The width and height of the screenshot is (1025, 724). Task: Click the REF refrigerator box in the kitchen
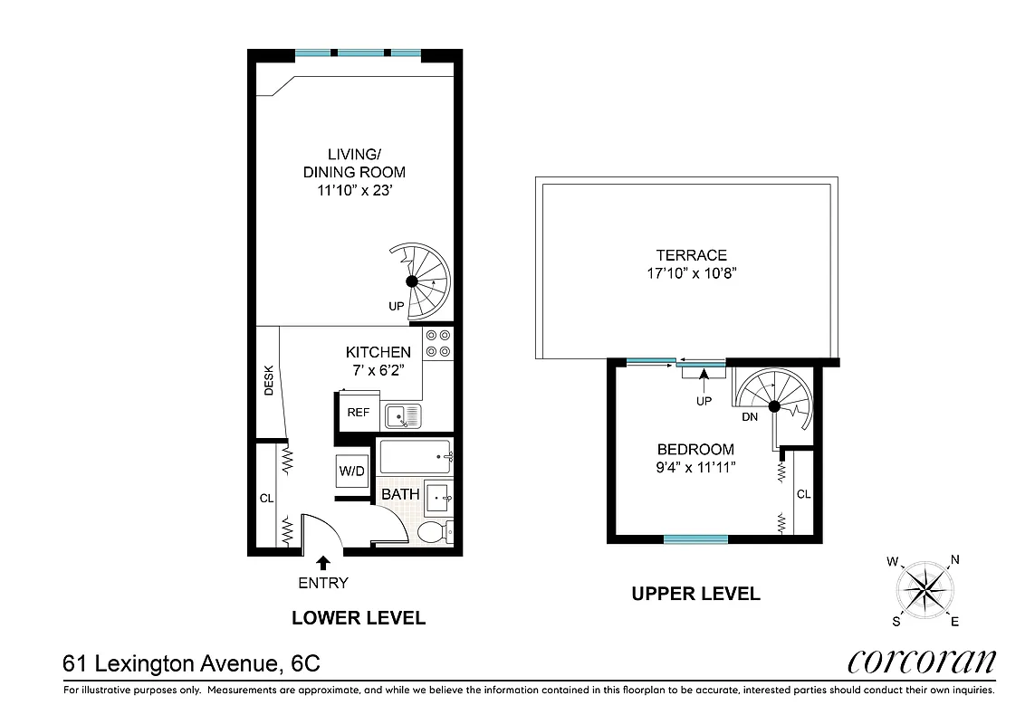pyautogui.click(x=358, y=413)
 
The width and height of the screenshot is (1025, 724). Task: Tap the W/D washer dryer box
pyautogui.click(x=351, y=471)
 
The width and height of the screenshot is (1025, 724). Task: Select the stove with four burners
pyautogui.click(x=438, y=342)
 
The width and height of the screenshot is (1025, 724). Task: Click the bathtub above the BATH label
pyautogui.click(x=415, y=456)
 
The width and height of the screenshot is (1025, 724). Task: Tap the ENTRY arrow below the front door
pyautogui.click(x=322, y=563)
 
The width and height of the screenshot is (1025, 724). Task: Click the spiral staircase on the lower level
pyautogui.click(x=418, y=281)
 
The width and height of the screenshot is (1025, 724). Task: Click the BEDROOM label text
pyautogui.click(x=695, y=449)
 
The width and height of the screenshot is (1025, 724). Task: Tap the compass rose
pyautogui.click(x=924, y=590)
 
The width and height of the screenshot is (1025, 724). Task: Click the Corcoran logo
pyautogui.click(x=922, y=662)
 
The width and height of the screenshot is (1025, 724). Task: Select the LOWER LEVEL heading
pyautogui.click(x=358, y=618)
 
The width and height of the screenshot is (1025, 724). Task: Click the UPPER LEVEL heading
pyautogui.click(x=695, y=594)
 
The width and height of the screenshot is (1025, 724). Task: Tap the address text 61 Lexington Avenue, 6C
pyautogui.click(x=191, y=663)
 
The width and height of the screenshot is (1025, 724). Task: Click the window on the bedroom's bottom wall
pyautogui.click(x=695, y=539)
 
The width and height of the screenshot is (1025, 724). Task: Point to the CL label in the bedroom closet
pyautogui.click(x=803, y=494)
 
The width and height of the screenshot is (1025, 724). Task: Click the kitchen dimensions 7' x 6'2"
pyautogui.click(x=378, y=369)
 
